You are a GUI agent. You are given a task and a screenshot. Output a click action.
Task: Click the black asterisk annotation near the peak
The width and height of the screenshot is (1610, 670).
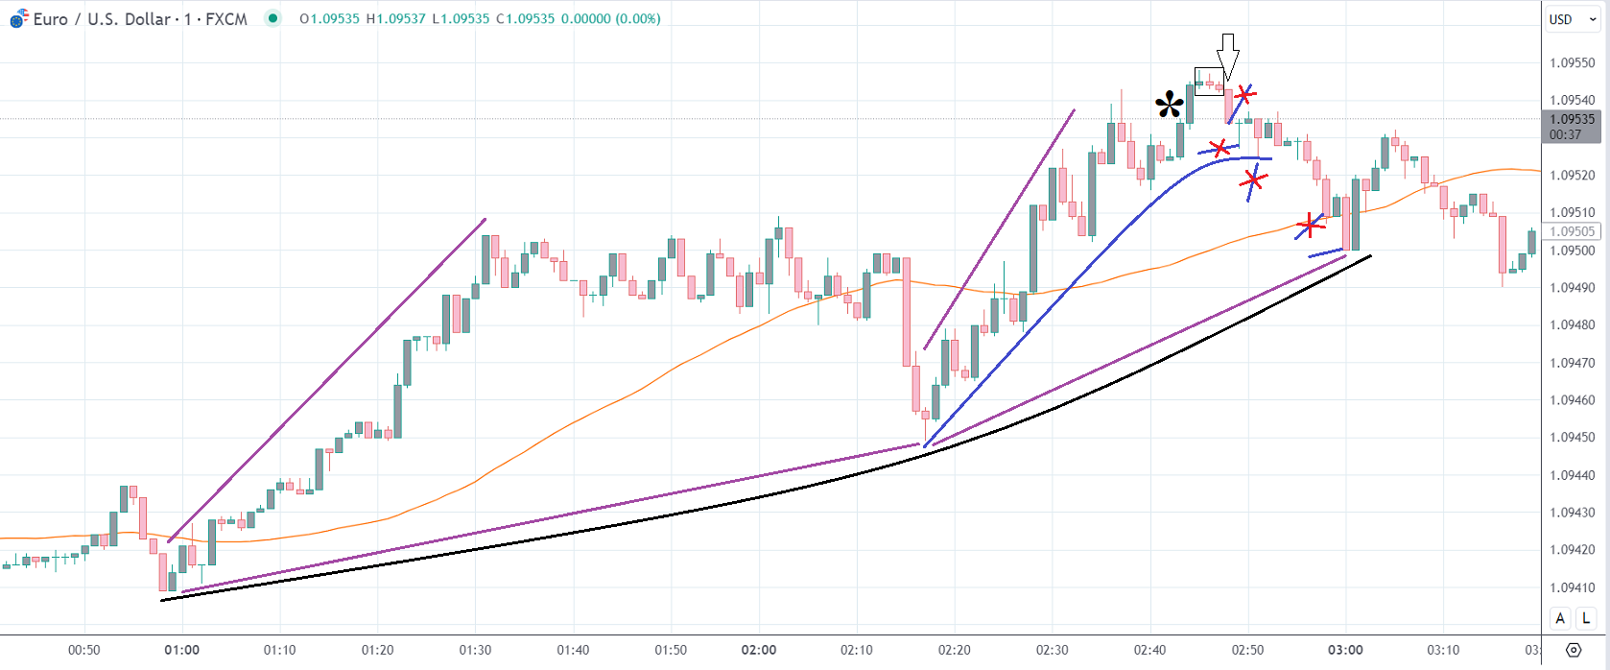click(1170, 105)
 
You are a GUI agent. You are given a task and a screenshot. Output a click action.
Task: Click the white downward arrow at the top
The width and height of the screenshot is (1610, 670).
click(1227, 57)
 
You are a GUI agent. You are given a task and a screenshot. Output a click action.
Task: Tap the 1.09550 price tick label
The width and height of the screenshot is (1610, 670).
click(1572, 63)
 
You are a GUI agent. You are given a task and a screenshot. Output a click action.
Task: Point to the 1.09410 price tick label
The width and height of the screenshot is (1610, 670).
click(1572, 587)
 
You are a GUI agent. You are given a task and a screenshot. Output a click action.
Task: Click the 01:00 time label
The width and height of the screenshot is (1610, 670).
click(182, 650)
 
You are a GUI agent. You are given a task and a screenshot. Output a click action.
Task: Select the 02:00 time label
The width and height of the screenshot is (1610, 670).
click(759, 650)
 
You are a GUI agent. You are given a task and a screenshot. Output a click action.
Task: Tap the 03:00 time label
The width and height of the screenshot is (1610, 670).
click(1345, 650)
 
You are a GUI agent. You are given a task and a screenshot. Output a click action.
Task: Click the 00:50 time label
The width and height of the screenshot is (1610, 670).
click(84, 650)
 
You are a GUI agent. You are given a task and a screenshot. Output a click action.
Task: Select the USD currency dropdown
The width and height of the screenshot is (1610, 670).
click(1572, 19)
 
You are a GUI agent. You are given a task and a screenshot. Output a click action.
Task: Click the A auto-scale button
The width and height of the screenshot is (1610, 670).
click(1560, 618)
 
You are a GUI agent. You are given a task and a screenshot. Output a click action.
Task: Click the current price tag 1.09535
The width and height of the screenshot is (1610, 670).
click(1572, 120)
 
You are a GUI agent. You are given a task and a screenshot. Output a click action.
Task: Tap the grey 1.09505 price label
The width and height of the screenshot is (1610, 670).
click(1572, 231)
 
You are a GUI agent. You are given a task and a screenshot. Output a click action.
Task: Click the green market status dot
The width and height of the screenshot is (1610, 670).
click(273, 18)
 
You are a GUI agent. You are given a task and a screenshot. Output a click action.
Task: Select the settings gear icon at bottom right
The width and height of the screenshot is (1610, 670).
click(1574, 650)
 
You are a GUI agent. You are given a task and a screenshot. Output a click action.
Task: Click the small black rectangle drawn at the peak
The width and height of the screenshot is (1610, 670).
click(1209, 82)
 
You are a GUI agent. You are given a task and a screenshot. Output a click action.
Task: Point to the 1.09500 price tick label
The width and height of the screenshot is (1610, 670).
click(1572, 251)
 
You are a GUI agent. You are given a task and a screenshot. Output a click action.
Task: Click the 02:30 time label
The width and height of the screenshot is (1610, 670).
click(1053, 650)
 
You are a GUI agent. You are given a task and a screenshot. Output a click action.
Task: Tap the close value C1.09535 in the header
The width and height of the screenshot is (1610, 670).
click(525, 19)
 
